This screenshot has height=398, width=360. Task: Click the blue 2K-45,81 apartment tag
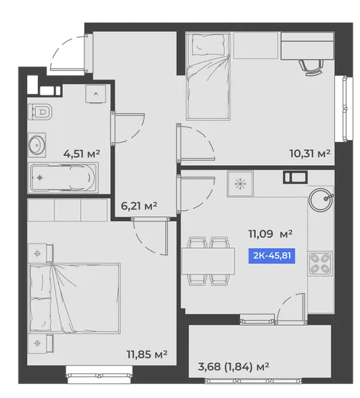[x=271, y=255]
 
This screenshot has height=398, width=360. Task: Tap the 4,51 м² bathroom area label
[x=82, y=154]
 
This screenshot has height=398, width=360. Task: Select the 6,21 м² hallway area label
[x=139, y=206]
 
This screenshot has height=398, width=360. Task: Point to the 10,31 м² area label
[x=310, y=154]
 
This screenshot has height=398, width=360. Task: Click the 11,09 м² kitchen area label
[x=270, y=233]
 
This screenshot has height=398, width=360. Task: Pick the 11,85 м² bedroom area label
[x=147, y=354]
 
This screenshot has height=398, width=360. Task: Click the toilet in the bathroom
[x=40, y=111]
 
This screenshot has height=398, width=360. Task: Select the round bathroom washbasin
[x=37, y=145]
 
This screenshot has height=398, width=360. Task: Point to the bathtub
[x=63, y=177]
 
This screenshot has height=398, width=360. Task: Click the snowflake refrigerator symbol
[x=240, y=184]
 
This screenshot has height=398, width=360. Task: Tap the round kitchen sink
[x=321, y=200]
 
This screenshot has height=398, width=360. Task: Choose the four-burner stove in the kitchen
[x=320, y=264]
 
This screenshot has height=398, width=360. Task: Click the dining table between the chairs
[x=208, y=261]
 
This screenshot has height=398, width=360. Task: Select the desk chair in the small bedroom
[x=311, y=68]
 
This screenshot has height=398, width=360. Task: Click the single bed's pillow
[x=208, y=45]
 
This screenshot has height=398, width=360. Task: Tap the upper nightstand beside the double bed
[x=40, y=253]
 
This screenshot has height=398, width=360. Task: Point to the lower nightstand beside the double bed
[x=40, y=344]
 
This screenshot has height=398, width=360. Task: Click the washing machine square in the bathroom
[x=95, y=94]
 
